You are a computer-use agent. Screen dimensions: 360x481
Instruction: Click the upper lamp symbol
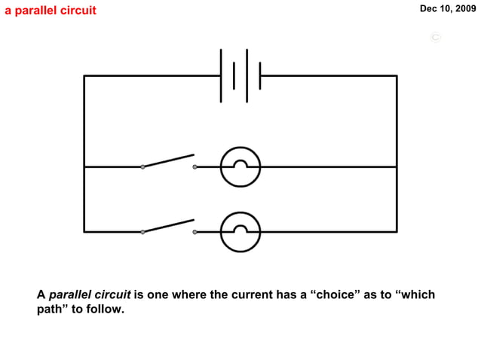(240, 166)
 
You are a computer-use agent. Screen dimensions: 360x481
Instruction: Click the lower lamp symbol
(240, 231)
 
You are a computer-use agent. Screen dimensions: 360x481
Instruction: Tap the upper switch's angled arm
(168, 160)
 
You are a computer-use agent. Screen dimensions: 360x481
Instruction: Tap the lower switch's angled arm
(168, 225)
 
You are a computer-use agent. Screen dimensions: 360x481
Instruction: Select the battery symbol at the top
(240, 75)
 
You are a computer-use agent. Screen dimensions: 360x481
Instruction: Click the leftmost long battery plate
(222, 75)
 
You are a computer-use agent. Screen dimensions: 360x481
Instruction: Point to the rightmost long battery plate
(260, 75)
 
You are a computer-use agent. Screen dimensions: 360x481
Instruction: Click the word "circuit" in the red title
(78, 11)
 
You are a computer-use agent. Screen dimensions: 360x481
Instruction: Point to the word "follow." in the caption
(106, 309)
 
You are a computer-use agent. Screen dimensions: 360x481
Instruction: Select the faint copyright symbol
(435, 37)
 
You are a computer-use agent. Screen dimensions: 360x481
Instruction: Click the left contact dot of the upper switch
(142, 166)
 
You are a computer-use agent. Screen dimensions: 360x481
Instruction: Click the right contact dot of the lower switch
(195, 231)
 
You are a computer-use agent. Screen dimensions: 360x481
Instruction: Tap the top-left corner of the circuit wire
(84, 75)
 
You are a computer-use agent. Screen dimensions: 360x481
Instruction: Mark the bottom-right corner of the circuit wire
(397, 231)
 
